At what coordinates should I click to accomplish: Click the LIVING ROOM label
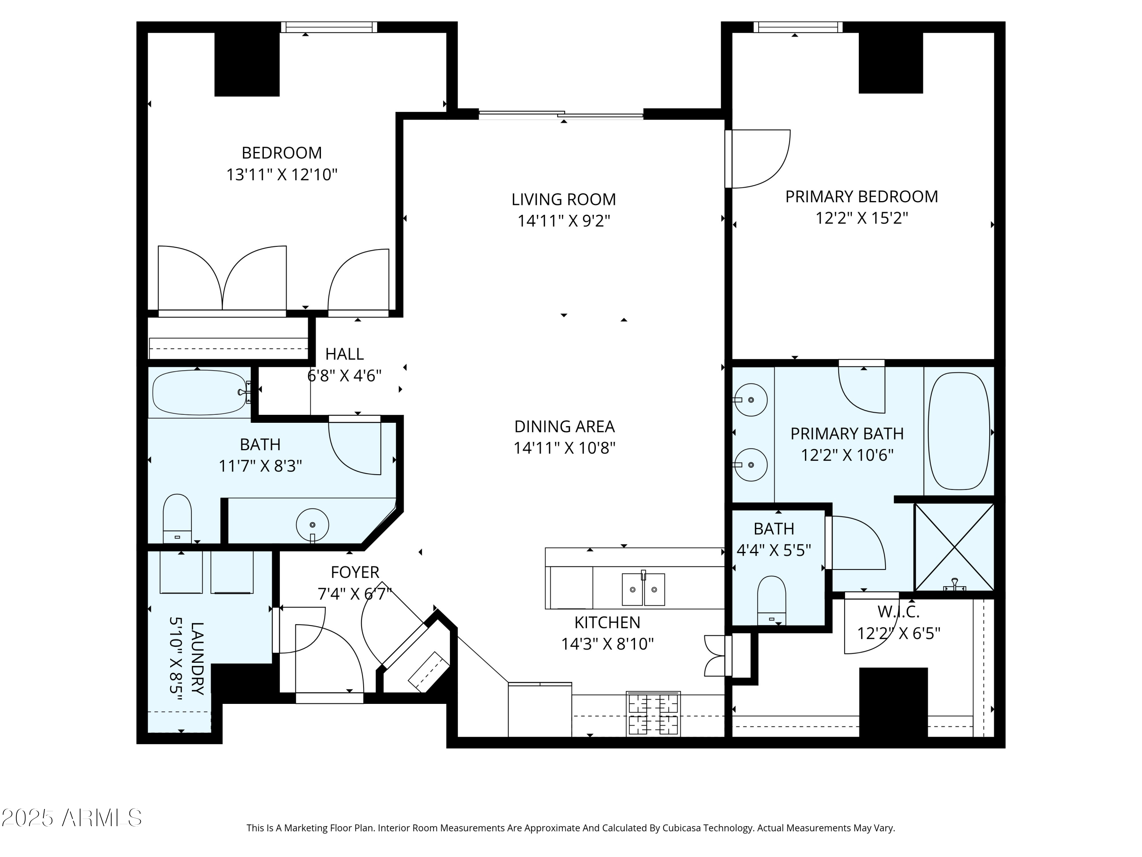[x=563, y=200]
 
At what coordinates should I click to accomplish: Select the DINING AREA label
[x=564, y=427]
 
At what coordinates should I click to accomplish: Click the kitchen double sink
[x=643, y=589]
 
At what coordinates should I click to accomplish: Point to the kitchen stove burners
[x=653, y=713]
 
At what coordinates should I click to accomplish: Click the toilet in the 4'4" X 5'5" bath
[x=771, y=600]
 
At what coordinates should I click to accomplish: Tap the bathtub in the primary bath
[x=959, y=431]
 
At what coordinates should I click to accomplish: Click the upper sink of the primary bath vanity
[x=751, y=400]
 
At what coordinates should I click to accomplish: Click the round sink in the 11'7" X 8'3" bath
[x=313, y=525]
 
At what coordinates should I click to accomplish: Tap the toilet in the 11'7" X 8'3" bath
[x=177, y=518]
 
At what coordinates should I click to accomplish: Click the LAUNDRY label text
[x=197, y=658]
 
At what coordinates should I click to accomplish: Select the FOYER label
[x=355, y=572]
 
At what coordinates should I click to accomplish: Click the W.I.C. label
[x=898, y=612]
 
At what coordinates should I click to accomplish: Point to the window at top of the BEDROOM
[x=329, y=27]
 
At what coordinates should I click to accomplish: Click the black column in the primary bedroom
[x=891, y=62]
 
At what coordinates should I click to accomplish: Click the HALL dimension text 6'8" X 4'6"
[x=345, y=376]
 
